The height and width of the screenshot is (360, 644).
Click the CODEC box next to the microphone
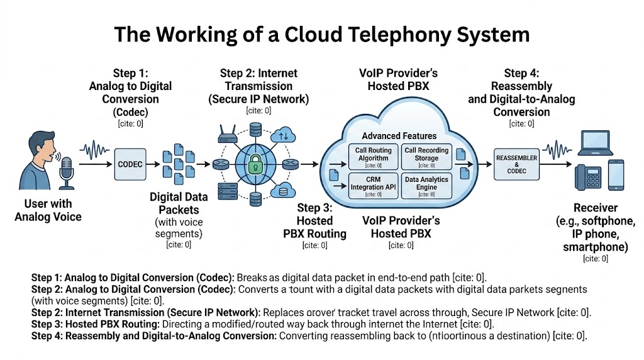coord(130,164)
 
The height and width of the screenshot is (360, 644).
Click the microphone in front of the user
coord(66,171)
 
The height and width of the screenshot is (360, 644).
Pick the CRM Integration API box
coord(374,186)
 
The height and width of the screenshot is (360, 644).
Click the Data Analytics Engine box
coord(426,186)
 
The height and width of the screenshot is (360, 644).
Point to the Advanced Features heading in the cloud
coord(399,136)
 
